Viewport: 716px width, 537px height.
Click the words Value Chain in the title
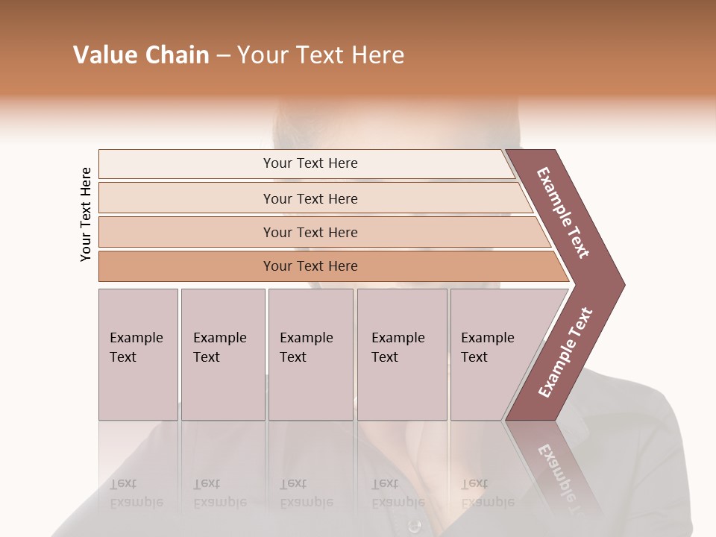pyautogui.click(x=141, y=55)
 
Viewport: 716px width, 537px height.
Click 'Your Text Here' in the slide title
pyautogui.click(x=321, y=55)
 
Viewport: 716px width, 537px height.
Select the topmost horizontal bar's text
pyautogui.click(x=310, y=163)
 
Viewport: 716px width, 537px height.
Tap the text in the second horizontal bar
pyautogui.click(x=310, y=199)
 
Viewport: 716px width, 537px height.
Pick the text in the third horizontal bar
pyautogui.click(x=310, y=233)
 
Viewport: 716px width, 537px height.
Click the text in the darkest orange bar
pyautogui.click(x=310, y=266)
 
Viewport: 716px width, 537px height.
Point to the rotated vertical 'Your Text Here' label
pyautogui.click(x=87, y=214)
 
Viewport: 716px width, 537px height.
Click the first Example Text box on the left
pyautogui.click(x=136, y=348)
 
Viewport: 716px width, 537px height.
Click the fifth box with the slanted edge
pyautogui.click(x=488, y=348)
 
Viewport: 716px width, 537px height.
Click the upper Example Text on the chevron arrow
pyautogui.click(x=563, y=213)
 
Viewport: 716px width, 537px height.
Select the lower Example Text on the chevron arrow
pyautogui.click(x=565, y=353)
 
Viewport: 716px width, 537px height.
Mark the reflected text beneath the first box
pyautogui.click(x=136, y=493)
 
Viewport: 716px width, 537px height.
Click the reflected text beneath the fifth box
pyautogui.click(x=488, y=493)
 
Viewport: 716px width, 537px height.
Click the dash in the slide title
pyautogui.click(x=223, y=56)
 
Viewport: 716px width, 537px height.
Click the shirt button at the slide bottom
pyautogui.click(x=415, y=526)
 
